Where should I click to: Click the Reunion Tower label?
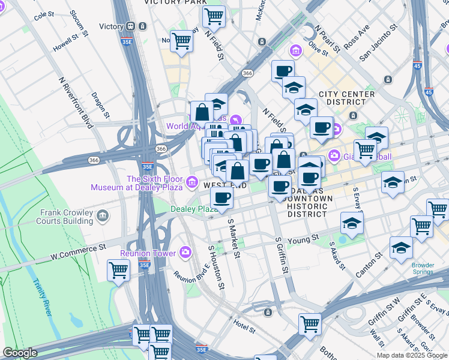(x=147, y=253)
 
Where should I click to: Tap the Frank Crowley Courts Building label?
(x=66, y=217)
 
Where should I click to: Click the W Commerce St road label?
(x=78, y=251)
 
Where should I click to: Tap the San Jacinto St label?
(x=378, y=43)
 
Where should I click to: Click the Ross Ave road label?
(x=357, y=38)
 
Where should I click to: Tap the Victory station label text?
(x=111, y=26)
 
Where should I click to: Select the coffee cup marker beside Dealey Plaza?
(x=221, y=198)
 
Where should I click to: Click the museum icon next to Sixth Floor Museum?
(x=192, y=181)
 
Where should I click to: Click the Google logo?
(x=20, y=353)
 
